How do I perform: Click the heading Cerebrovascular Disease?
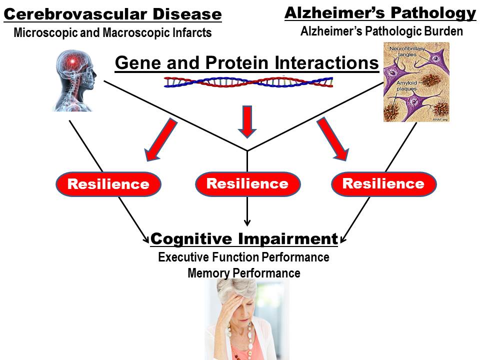point(112,14)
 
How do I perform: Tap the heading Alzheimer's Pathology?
point(380,13)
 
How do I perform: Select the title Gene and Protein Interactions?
point(246,63)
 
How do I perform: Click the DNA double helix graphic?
point(248,82)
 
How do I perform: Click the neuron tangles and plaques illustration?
point(416,82)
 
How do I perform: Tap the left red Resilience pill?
point(108,184)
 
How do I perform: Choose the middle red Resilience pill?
point(247,183)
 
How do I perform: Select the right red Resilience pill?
point(383,183)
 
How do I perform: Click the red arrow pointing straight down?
point(247,120)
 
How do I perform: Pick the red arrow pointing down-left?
point(160,139)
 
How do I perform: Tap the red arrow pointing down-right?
point(332,139)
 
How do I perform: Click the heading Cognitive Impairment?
point(244,239)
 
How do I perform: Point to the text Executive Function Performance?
point(244,257)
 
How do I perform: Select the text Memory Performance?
point(244,273)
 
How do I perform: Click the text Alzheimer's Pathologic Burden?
point(381,31)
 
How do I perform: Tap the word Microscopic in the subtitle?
point(44,33)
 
